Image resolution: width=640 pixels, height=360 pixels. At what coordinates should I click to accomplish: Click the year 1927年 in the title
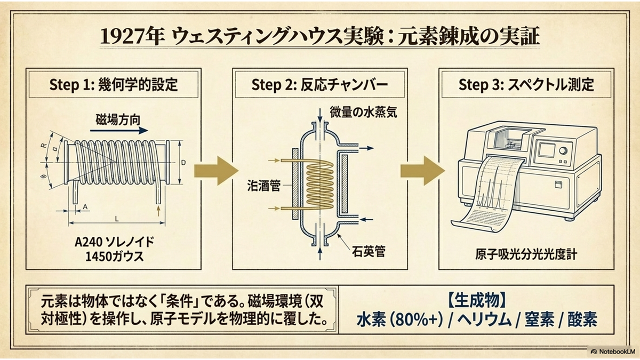133,37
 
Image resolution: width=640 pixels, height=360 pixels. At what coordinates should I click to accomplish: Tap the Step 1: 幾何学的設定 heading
114,85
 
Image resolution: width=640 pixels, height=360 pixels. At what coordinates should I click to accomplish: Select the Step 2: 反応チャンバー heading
319,85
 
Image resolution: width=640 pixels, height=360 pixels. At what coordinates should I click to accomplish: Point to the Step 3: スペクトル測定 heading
526,85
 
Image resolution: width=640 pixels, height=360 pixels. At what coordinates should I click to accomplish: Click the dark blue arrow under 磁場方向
119,131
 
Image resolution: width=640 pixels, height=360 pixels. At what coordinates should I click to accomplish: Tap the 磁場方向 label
118,119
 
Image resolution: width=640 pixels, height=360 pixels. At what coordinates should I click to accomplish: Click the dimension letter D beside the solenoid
183,163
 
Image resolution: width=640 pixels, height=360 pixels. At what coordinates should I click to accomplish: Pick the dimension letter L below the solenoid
117,219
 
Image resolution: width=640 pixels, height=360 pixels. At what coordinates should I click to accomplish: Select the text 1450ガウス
115,257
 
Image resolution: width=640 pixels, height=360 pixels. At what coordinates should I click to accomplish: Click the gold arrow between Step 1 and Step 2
217,171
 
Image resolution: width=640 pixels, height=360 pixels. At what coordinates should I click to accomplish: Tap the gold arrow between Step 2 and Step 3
422,171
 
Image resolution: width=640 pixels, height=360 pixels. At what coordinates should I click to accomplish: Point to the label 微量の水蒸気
363,113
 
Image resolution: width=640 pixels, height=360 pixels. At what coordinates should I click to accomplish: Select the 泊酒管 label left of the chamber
263,186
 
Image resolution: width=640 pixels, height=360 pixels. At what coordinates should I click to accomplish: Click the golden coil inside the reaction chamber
319,185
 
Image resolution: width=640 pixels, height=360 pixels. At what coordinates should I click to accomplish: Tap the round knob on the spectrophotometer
563,150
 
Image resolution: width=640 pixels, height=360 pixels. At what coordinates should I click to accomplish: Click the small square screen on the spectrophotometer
546,150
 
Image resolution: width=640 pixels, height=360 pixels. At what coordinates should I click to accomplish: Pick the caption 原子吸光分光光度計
526,254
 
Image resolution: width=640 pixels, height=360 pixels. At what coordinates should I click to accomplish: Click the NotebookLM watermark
613,351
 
